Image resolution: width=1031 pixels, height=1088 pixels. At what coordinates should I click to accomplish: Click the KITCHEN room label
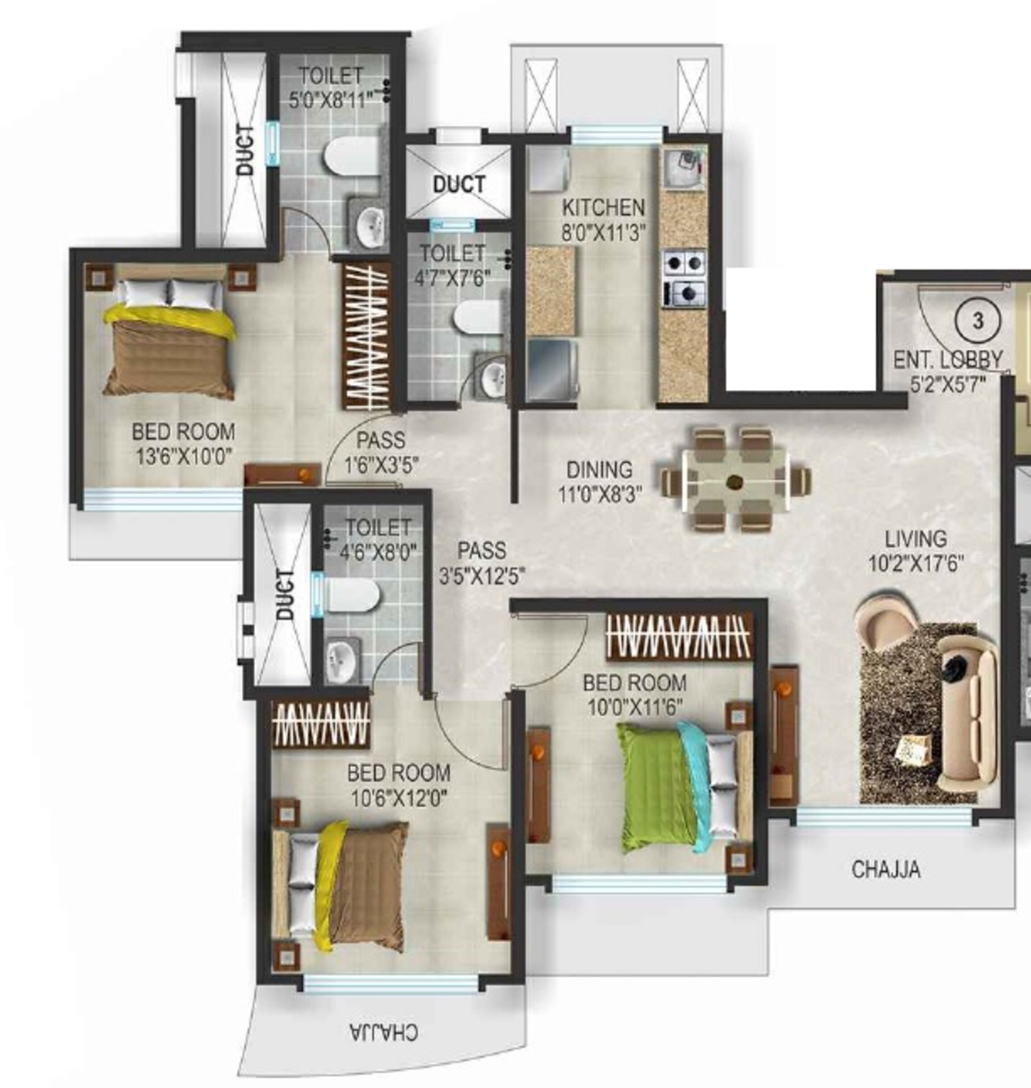[x=603, y=208]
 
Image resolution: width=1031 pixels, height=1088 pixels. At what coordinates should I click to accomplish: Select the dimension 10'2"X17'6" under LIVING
[x=916, y=563]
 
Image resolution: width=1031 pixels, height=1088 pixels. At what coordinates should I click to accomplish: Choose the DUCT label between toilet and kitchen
[x=459, y=184]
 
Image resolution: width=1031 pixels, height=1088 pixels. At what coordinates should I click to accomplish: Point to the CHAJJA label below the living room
[x=886, y=869]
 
